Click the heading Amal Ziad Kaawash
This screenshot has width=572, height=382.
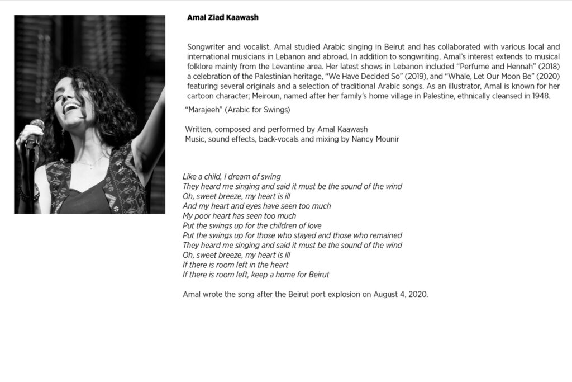(x=222, y=18)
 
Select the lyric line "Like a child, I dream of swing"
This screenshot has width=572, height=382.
(x=231, y=177)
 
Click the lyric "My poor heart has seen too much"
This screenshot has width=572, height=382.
(x=239, y=216)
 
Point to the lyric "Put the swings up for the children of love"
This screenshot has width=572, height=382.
(x=252, y=226)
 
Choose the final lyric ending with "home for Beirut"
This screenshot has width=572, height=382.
(x=256, y=275)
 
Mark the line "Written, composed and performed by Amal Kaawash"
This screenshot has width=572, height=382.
(x=277, y=130)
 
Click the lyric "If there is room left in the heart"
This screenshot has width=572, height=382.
(x=235, y=265)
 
